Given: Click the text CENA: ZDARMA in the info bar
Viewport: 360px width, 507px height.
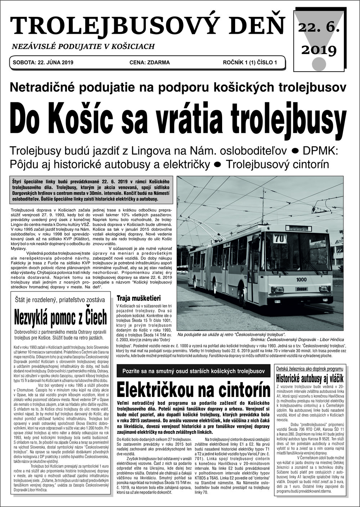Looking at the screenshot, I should [x=149, y=62].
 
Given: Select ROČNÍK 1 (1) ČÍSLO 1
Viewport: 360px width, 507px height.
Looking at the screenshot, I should [x=250, y=62].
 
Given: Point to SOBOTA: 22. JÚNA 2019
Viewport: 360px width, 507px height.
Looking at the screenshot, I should [x=43, y=62].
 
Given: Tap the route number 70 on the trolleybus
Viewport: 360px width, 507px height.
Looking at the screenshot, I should [x=278, y=239].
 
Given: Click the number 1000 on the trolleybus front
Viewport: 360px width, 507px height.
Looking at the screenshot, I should [x=301, y=279].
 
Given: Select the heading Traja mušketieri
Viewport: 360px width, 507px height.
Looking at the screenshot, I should [x=138, y=298].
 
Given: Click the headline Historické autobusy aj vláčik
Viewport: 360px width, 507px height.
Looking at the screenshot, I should [x=309, y=378].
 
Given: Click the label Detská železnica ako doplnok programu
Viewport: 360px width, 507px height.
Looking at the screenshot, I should [x=309, y=369].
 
